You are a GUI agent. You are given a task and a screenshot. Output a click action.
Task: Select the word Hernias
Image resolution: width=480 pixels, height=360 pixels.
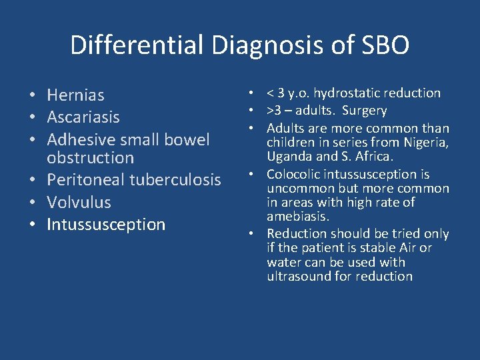[x=75, y=95]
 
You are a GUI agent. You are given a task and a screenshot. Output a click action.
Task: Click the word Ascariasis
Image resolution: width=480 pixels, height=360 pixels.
[x=83, y=117]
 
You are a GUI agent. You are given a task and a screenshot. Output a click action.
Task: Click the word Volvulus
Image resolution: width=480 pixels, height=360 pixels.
[x=79, y=202]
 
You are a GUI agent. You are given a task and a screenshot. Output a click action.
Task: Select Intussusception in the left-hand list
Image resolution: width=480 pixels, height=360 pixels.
[x=106, y=224]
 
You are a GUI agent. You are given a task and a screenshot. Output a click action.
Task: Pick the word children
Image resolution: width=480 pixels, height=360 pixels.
[x=290, y=142]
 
